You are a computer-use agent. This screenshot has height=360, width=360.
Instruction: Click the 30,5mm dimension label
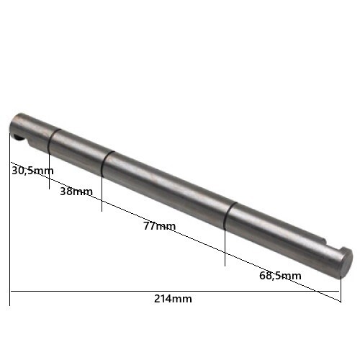coord(32,171)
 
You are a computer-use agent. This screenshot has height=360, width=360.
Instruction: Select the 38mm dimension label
coord(76,192)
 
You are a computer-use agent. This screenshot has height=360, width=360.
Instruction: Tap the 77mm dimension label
coord(160,226)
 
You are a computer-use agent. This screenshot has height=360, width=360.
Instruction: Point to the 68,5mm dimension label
coord(280,276)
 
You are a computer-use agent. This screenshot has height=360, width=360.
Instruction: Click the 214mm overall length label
coord(173,299)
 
